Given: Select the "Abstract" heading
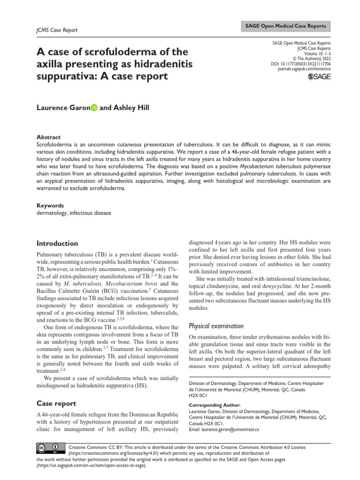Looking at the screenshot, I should tap(49, 137).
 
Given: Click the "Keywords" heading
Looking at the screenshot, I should tap(50, 206).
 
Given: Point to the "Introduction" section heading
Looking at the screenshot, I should tap(57, 243).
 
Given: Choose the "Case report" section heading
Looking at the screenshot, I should tap(56, 403).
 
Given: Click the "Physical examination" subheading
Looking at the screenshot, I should tap(216, 326).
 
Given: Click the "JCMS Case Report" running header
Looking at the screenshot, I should tap(57, 30).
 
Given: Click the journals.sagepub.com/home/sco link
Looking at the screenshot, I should tap(304, 68).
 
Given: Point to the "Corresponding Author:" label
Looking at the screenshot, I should tap(215, 405).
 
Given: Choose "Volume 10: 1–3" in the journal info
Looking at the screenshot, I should tap(313, 53).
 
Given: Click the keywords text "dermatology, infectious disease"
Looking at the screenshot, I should tap(74, 213).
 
